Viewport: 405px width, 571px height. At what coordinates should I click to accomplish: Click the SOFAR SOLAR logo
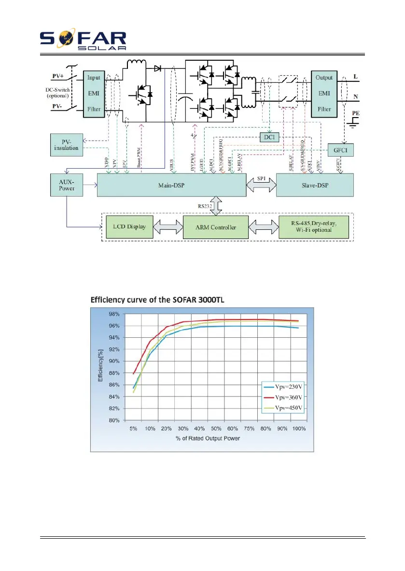[83, 40]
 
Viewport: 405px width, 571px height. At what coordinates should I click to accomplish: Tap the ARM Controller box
[215, 226]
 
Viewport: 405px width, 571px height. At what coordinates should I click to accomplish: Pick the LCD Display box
[129, 226]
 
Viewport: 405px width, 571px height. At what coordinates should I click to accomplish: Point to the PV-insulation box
[67, 144]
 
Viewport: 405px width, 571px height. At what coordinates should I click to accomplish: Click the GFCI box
[340, 150]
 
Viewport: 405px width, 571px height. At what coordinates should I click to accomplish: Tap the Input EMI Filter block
[94, 93]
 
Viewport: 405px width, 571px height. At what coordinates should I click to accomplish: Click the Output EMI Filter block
[324, 93]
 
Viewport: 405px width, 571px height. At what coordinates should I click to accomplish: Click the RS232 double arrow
[216, 205]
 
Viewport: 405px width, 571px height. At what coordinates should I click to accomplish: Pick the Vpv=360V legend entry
[283, 398]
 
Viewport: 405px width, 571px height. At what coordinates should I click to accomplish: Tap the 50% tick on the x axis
[216, 427]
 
